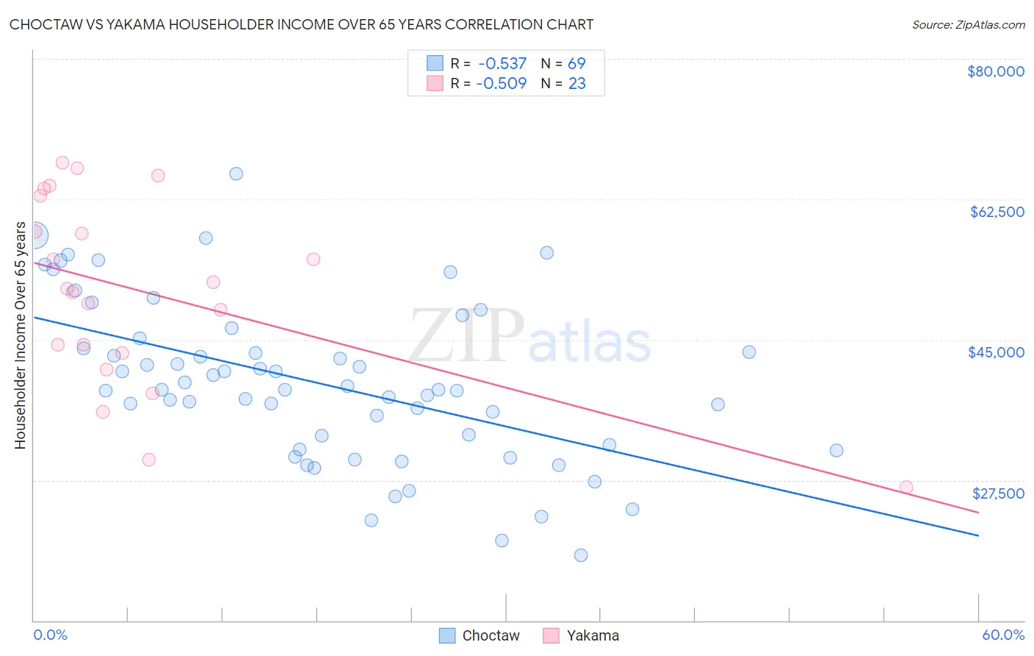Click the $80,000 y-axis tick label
[996, 71]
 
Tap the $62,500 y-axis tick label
[996, 212]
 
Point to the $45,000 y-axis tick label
[996, 352]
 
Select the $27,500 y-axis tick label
[998, 493]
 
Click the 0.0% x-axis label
[50, 635]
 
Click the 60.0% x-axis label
[1003, 635]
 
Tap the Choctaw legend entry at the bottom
[479, 635]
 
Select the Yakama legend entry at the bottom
[581, 635]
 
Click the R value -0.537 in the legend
[502, 64]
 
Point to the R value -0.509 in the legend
[502, 84]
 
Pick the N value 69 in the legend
[577, 64]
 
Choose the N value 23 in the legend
[577, 84]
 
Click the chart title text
[302, 24]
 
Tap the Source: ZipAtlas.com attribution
[968, 25]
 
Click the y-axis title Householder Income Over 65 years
[20, 335]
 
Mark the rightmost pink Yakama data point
[906, 487]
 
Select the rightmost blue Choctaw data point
[836, 450]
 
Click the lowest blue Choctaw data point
[581, 555]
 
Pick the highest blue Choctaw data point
[236, 174]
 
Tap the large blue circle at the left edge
[34, 235]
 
